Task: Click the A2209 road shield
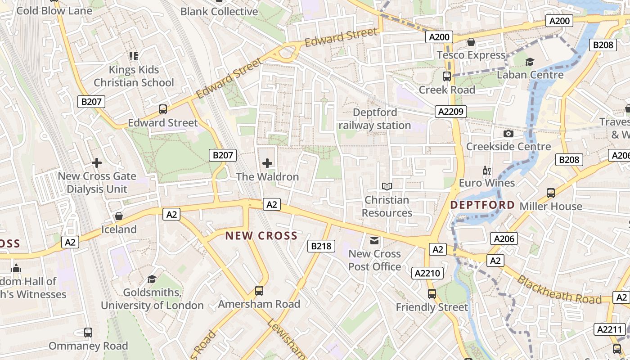point(451,112)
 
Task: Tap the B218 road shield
point(321,246)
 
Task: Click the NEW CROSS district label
point(261,235)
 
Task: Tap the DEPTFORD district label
point(482,205)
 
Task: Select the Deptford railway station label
point(375,119)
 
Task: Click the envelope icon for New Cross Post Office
point(374,240)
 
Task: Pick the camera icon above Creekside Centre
point(508,134)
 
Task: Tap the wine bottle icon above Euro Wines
point(486,170)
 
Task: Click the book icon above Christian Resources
point(387,186)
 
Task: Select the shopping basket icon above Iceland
point(119,216)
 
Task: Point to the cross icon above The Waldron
point(267,163)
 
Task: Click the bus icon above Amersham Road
point(259,291)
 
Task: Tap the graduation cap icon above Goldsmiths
point(152,279)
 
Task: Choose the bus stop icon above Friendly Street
point(432,294)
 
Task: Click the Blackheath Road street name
point(559,290)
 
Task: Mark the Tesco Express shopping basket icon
point(471,42)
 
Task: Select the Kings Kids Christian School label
point(134,76)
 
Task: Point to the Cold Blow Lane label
point(54,10)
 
